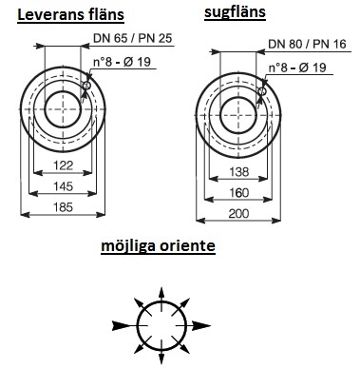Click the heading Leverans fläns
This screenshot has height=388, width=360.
pyautogui.click(x=70, y=15)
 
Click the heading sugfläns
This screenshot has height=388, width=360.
pyautogui.click(x=235, y=12)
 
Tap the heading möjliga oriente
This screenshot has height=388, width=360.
pyautogui.click(x=158, y=246)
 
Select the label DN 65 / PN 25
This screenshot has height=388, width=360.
pyautogui.click(x=132, y=38)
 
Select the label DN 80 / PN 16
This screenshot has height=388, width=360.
pyautogui.click(x=307, y=44)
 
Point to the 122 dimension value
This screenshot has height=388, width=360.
pyautogui.click(x=64, y=165)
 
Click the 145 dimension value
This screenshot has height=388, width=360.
pyautogui.click(x=64, y=186)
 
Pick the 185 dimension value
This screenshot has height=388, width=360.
pyautogui.click(x=64, y=207)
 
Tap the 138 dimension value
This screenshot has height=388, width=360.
pyautogui.click(x=239, y=171)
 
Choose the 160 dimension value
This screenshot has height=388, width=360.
pyautogui.click(x=239, y=192)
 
